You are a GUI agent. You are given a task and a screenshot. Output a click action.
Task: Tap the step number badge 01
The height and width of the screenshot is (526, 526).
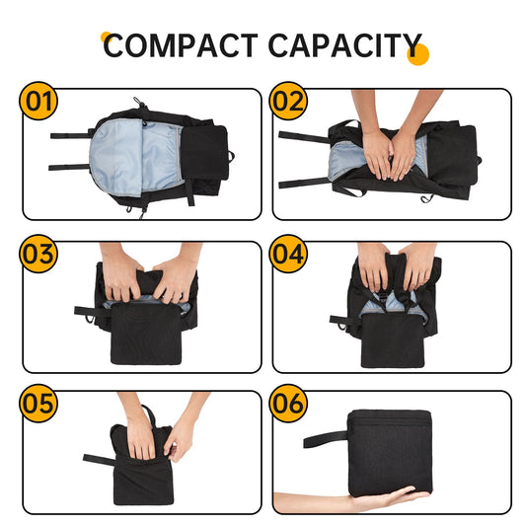pyautogui.click(x=39, y=102)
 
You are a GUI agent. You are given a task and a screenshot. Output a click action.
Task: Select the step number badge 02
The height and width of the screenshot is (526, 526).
pyautogui.click(x=289, y=102)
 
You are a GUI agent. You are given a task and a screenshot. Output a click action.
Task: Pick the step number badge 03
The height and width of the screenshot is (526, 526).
pyautogui.click(x=39, y=254)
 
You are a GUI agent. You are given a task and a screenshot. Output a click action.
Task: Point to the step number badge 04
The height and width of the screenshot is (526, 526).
pyautogui.click(x=289, y=254)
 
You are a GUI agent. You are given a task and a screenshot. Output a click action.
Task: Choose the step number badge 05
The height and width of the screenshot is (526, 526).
pyautogui.click(x=39, y=404)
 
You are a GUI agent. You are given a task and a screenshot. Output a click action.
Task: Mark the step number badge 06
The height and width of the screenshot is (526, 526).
pyautogui.click(x=289, y=404)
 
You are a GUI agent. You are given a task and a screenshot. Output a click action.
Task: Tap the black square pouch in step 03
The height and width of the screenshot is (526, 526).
pyautogui.click(x=145, y=334)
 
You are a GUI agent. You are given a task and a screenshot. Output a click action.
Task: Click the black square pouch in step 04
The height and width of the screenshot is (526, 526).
pyautogui.click(x=394, y=336)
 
